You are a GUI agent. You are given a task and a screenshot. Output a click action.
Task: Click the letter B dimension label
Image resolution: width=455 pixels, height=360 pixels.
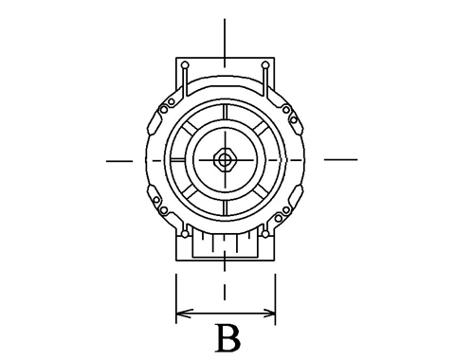[227, 338]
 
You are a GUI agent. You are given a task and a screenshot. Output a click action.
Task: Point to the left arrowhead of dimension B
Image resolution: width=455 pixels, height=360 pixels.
[183, 314]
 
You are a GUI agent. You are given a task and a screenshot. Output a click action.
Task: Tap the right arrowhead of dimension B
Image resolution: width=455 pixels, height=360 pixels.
[268, 314]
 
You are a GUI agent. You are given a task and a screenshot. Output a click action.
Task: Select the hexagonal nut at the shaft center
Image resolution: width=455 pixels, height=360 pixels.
[225, 160]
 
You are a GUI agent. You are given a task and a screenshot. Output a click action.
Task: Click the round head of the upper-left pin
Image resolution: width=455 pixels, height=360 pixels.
[185, 65]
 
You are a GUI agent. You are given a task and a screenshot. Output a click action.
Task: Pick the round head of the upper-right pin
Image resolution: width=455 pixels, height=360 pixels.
[265, 65]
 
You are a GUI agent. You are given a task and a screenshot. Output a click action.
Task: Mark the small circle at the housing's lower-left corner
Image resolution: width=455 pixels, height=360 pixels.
[185, 234]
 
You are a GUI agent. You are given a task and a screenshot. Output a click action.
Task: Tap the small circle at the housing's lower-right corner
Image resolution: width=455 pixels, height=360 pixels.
[265, 234]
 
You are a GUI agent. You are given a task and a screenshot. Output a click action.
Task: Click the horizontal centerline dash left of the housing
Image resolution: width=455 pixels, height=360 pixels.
[119, 161]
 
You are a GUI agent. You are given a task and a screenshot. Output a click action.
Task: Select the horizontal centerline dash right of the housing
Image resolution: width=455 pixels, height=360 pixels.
[341, 159]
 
